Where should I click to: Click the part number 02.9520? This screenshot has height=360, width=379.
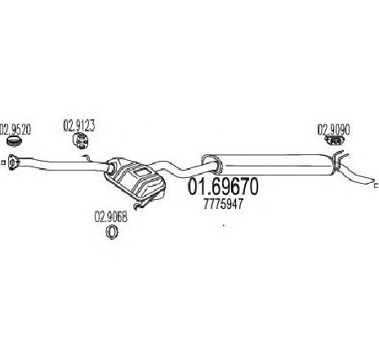15,130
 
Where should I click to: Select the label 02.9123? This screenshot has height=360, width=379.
79,126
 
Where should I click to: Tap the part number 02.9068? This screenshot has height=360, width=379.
111,217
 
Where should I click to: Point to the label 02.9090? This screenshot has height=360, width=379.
333,130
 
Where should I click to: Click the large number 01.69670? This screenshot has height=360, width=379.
223,187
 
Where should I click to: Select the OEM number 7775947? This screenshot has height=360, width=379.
223,203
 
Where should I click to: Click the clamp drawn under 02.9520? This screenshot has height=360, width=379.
14,141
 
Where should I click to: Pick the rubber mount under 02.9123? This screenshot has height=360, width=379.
81,141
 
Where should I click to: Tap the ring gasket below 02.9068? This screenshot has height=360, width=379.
111,232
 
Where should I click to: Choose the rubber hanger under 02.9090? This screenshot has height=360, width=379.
335,140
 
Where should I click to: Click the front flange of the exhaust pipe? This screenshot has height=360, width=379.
12,162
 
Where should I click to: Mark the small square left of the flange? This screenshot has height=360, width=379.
3,162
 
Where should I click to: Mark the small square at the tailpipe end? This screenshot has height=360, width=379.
377,186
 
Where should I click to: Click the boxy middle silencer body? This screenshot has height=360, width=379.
136,178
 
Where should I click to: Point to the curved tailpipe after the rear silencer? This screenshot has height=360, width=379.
356,172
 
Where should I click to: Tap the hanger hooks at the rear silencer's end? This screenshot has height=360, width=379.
338,161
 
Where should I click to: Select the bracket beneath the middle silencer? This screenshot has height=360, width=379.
142,202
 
